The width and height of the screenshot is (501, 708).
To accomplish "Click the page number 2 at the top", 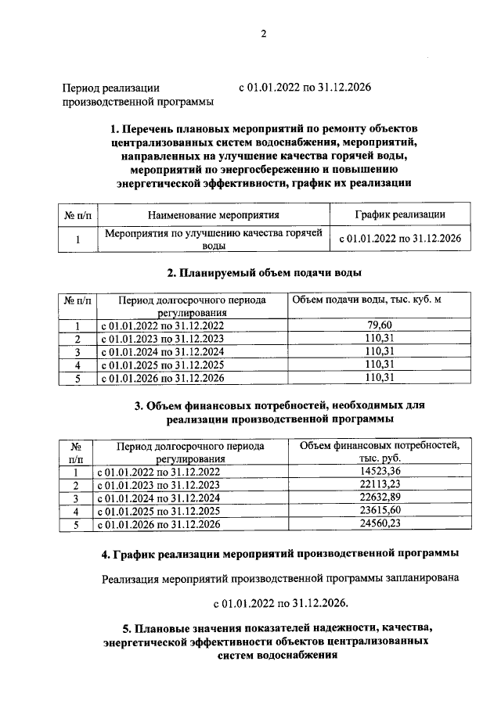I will pos(264,34).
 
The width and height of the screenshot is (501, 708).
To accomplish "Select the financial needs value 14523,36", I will pos(377,472).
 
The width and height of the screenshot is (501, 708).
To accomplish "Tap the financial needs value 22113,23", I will pos(377,485).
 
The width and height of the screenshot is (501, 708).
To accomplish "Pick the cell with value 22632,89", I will pos(377,498).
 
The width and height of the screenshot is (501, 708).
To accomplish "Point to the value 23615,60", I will pos(377,512).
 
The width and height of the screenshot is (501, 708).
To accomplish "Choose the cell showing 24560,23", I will pos(377,525).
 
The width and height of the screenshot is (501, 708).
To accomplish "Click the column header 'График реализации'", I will pos(400,214).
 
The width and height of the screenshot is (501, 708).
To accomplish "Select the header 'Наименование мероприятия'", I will pos(214,214).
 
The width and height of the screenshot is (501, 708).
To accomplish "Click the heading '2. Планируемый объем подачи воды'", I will pos(264,273).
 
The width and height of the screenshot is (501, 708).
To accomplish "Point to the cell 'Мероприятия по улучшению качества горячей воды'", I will pos(214,239).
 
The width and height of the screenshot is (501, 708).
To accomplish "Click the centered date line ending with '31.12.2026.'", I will pos(279,603).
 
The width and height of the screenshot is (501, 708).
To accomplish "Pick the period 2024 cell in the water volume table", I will pos(160,352).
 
